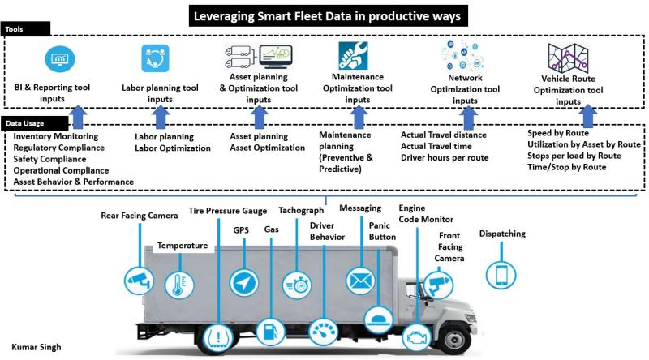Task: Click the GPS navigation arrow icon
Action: pyautogui.click(x=243, y=282)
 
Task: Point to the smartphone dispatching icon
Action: pyautogui.click(x=500, y=272)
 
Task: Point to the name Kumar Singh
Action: pyautogui.click(x=37, y=347)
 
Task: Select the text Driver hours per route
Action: pyautogui.click(x=445, y=157)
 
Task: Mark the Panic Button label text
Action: pyautogui.click(x=382, y=231)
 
